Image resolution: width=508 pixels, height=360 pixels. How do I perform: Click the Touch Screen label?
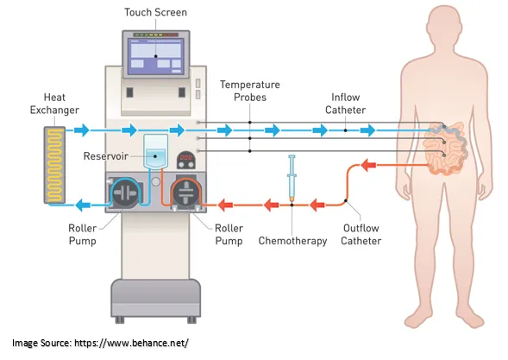(x=155, y=12)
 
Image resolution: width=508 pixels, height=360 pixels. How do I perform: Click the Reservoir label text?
(x=107, y=155)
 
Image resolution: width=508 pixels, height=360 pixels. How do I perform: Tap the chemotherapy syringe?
(x=293, y=180)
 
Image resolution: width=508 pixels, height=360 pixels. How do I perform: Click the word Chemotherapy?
(x=293, y=241)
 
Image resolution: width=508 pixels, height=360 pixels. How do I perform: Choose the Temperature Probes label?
(x=249, y=92)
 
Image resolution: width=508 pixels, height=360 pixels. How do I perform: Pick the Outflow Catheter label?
(x=361, y=235)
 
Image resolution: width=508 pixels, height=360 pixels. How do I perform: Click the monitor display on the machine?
(x=156, y=56)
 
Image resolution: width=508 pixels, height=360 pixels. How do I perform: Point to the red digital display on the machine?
(x=184, y=160)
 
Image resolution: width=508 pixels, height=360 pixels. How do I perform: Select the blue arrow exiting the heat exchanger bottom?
(x=85, y=205)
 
